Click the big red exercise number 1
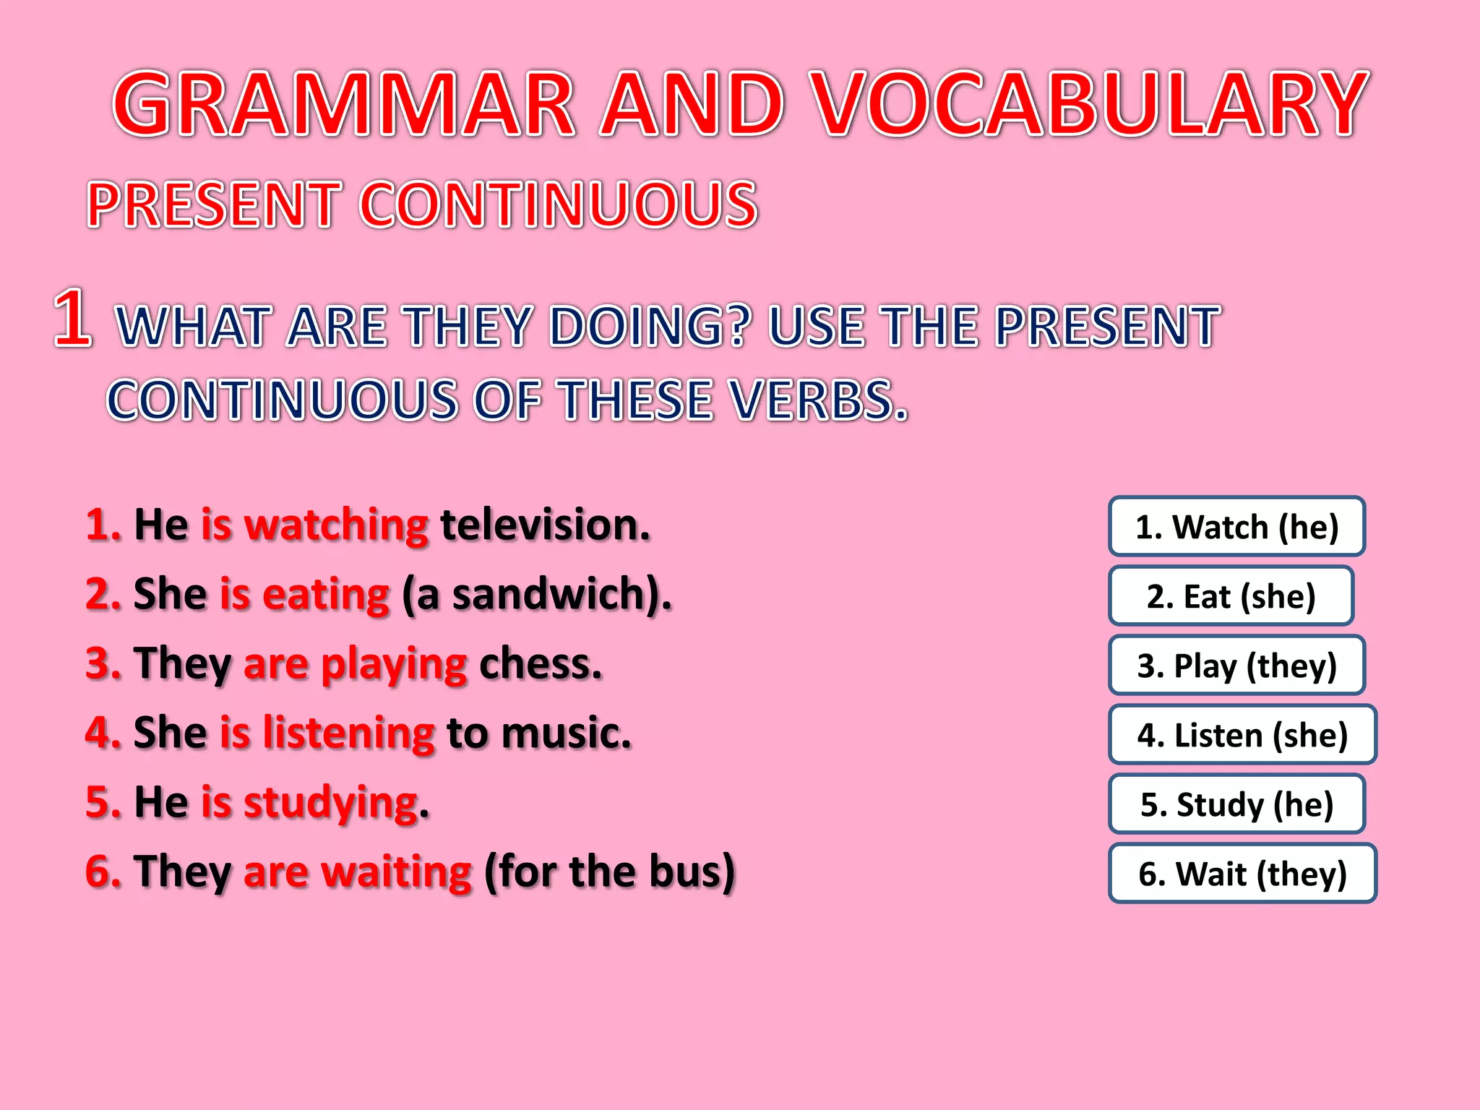[x=72, y=318]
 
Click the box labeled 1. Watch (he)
[x=1236, y=526]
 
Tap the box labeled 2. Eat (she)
[x=1231, y=595]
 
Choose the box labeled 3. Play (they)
[x=1236, y=665]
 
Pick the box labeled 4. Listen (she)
[x=1242, y=734]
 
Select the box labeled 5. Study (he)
[x=1236, y=804]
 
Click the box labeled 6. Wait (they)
[x=1242, y=873]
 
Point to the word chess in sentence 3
[x=539, y=663]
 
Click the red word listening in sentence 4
[x=348, y=733]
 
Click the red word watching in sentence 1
[x=336, y=525]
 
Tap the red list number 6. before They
[x=103, y=872]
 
